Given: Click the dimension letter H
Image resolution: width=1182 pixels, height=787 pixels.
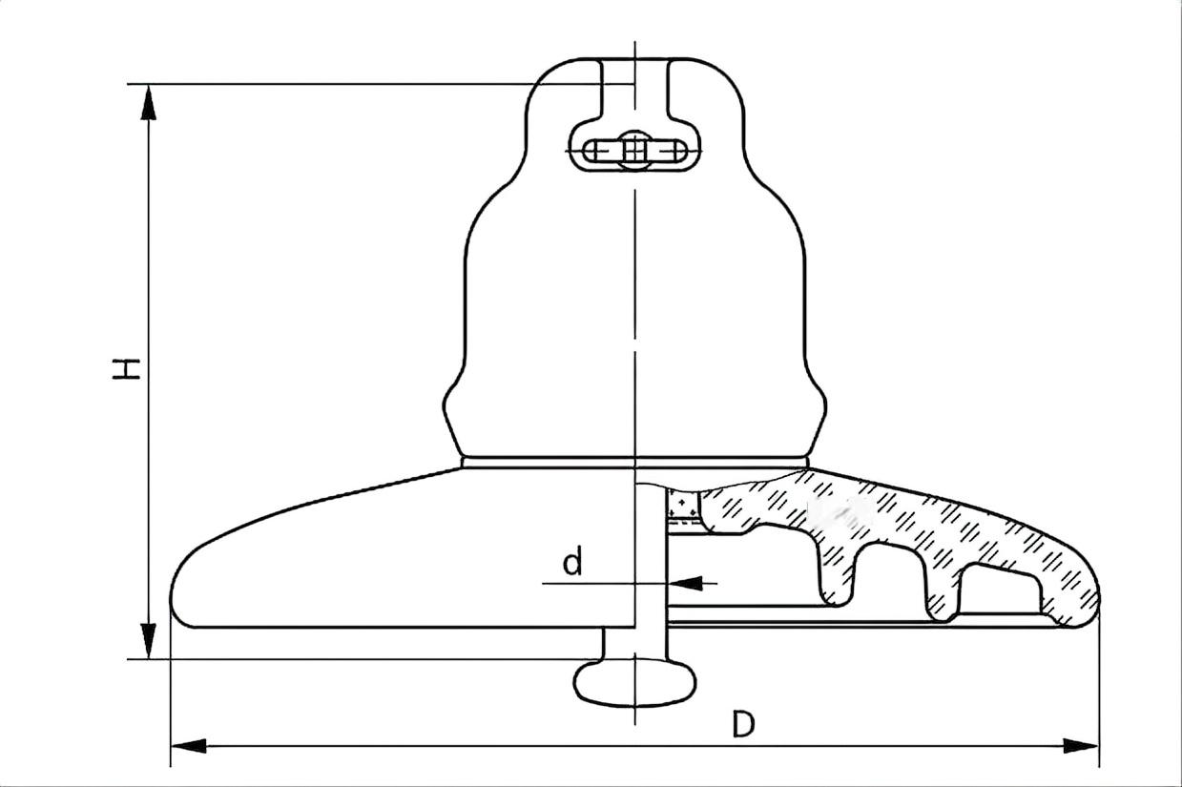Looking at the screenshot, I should (x=127, y=368).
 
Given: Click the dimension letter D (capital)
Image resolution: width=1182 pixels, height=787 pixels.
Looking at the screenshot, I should (x=742, y=725).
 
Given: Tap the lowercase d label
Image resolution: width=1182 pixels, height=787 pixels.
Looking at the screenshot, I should (x=571, y=563).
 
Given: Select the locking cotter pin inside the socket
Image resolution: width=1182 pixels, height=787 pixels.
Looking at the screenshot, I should (x=634, y=151).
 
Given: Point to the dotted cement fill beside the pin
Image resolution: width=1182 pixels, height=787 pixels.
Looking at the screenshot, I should (x=682, y=506).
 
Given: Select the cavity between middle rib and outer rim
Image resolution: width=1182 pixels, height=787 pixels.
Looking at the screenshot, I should (x=1002, y=591).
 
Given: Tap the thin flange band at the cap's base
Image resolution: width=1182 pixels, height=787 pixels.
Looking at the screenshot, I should (x=634, y=463).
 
